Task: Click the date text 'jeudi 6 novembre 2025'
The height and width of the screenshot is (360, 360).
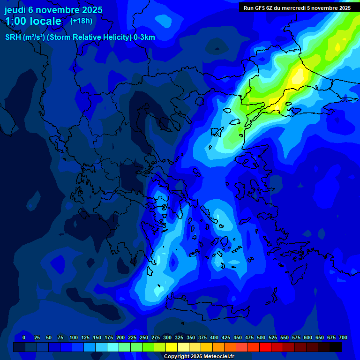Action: (x=53, y=10)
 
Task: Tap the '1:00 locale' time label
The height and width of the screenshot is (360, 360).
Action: (x=33, y=21)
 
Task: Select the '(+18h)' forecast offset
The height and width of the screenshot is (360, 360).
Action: (x=81, y=21)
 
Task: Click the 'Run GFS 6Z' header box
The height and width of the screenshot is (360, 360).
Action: (x=297, y=7)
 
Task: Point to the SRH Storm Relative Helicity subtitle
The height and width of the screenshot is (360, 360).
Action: (x=80, y=37)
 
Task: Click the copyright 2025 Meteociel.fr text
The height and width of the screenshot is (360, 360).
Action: (x=199, y=356)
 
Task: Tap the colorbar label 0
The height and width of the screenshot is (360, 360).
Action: (x=24, y=337)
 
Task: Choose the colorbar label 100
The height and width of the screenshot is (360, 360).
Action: (x=74, y=337)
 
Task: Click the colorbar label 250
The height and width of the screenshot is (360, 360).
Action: (x=144, y=337)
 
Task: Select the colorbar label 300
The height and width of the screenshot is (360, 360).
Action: (x=167, y=337)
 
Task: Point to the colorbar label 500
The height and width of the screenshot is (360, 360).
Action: (x=261, y=337)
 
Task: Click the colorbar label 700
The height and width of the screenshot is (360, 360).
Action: (x=343, y=337)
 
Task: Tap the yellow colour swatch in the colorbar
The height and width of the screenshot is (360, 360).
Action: (x=172, y=347)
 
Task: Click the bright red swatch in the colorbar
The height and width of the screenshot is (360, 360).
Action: (x=265, y=347)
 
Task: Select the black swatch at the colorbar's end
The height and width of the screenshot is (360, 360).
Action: (x=336, y=347)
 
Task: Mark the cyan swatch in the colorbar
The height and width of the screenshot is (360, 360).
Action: (x=113, y=347)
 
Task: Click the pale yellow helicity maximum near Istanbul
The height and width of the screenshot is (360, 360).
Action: (x=299, y=75)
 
